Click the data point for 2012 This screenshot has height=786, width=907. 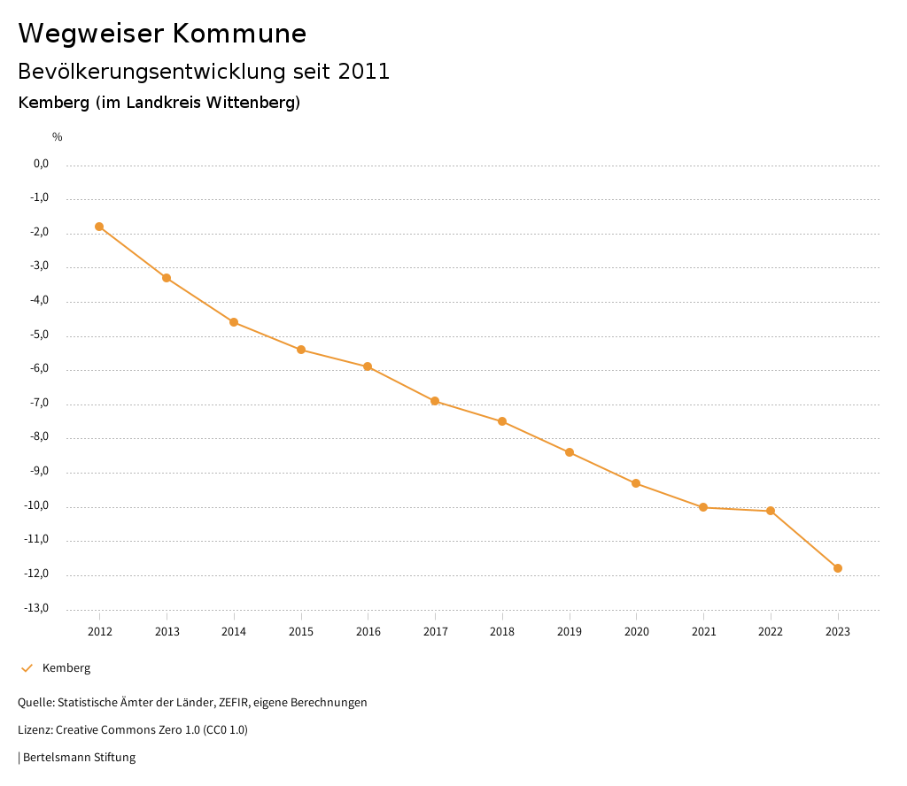(99, 227)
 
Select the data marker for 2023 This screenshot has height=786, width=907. (838, 568)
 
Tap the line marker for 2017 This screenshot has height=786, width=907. (435, 401)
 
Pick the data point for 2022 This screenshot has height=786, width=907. (771, 511)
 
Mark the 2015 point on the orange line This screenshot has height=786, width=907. (301, 350)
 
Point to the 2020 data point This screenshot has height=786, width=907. (636, 483)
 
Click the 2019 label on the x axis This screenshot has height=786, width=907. (570, 631)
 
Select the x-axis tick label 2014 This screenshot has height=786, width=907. (234, 631)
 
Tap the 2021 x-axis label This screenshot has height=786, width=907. (703, 631)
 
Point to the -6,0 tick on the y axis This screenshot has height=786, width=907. (40, 369)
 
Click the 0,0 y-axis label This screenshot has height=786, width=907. (41, 164)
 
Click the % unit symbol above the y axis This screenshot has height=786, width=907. (58, 137)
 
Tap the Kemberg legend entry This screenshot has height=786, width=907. (66, 668)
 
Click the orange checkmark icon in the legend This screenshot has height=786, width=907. (27, 668)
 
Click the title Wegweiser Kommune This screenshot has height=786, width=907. (162, 34)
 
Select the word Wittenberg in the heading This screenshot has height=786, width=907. (252, 103)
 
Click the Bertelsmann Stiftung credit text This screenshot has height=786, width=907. (79, 758)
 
